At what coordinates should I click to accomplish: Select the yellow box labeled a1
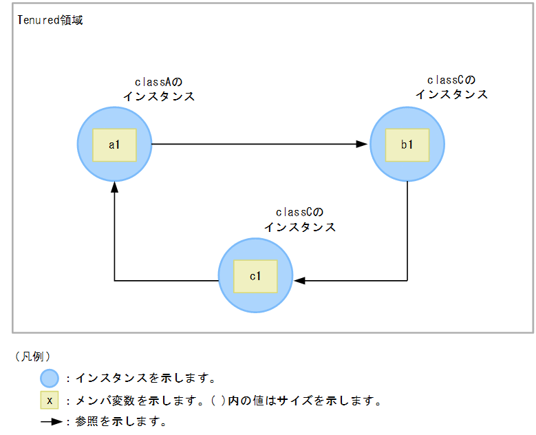114,145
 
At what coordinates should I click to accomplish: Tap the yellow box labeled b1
407,145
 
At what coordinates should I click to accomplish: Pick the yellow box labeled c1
255,276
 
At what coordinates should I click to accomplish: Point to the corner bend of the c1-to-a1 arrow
114,281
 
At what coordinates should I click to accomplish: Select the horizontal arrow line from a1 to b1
255,145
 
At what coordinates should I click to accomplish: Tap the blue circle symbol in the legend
49,378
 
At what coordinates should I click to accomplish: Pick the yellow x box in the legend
49,400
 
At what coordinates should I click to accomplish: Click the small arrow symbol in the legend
52,421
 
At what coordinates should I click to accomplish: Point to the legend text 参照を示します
120,421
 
